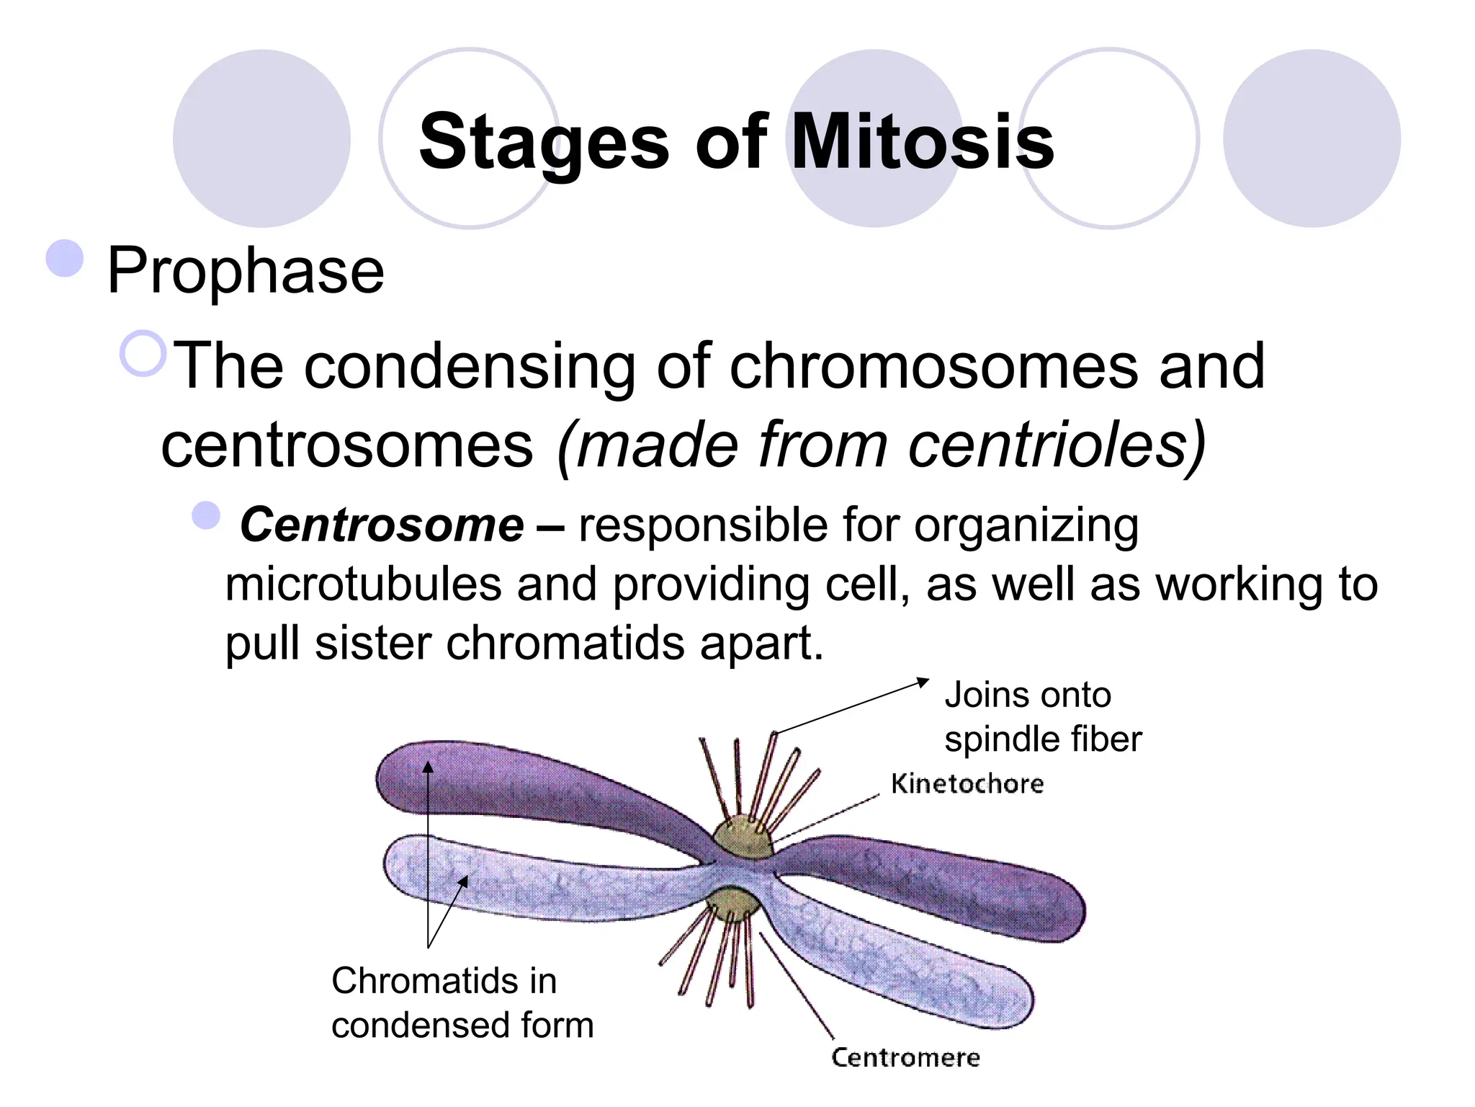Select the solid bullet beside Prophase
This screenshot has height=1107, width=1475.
65,258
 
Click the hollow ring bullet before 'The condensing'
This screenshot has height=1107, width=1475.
143,353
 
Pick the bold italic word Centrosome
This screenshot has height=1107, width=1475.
382,525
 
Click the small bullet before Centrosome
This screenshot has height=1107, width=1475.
206,516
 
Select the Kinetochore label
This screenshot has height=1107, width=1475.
967,784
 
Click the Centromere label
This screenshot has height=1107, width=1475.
905,1057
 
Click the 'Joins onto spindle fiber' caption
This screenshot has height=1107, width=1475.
1041,717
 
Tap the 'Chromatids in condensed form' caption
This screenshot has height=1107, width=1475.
461,1002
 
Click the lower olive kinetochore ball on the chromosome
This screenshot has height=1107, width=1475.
733,904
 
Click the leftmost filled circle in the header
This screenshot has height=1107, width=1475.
261,138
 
